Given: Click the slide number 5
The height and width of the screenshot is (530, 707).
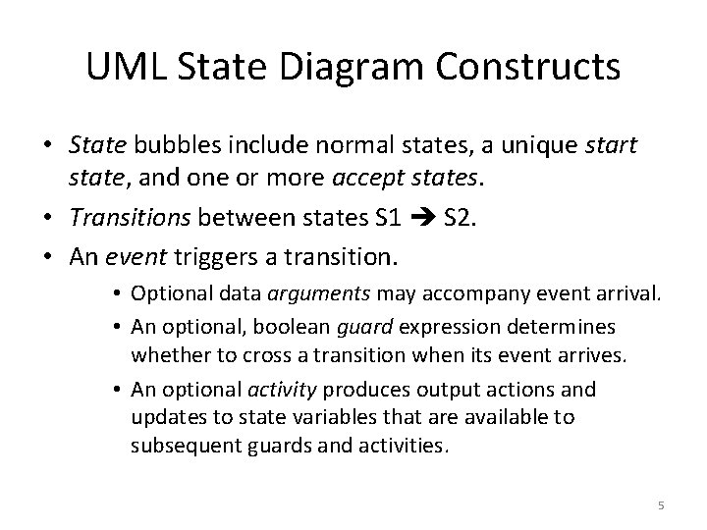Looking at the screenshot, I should (661, 504).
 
